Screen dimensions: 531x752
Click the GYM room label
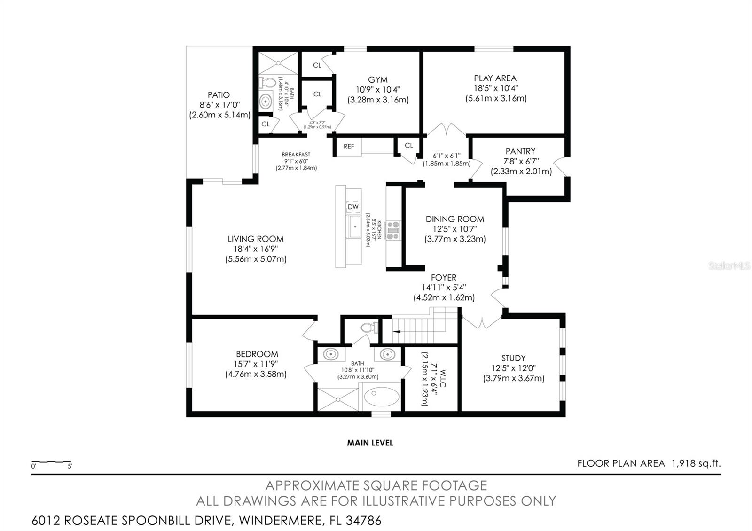378,80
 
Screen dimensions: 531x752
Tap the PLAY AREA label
495,78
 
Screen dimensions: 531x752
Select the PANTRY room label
520,151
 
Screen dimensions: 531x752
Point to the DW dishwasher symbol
353,207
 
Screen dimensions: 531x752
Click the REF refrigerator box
349,147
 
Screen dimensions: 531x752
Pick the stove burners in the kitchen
392,230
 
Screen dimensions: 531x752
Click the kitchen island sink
354,227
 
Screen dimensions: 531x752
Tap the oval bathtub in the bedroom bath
381,397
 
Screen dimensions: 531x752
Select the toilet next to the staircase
369,328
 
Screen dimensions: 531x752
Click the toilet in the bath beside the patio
268,83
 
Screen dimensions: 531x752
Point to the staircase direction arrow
397,332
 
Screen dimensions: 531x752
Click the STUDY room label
513,358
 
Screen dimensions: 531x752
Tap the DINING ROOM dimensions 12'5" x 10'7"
454,229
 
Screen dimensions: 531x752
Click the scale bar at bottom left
51,463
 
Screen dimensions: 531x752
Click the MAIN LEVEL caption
370,443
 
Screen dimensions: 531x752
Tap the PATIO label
219,95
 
